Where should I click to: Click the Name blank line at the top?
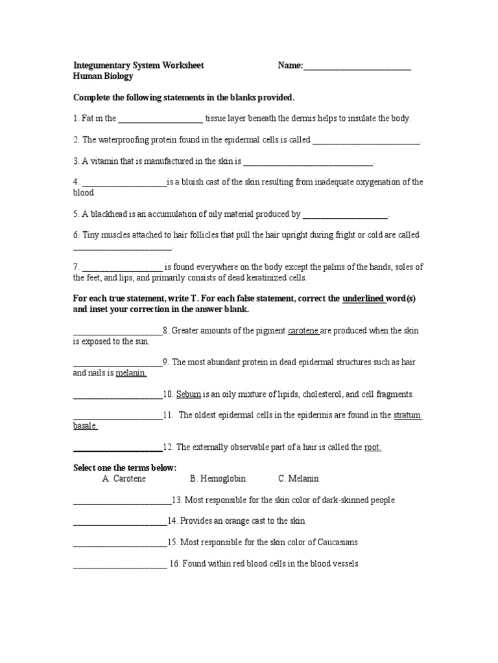(x=357, y=66)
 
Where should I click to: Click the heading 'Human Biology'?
(x=103, y=76)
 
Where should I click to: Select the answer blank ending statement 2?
(x=366, y=140)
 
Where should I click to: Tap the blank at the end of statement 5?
(x=345, y=214)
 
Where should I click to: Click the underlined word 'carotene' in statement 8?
(x=303, y=331)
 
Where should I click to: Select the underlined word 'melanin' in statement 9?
(x=131, y=373)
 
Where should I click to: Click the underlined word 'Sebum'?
(x=188, y=394)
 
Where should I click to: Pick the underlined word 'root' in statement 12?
(x=372, y=447)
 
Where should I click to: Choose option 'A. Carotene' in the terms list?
(x=124, y=479)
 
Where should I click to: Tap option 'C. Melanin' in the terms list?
(x=298, y=479)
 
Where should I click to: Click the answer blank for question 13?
(x=122, y=500)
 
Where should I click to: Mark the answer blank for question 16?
(x=120, y=564)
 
